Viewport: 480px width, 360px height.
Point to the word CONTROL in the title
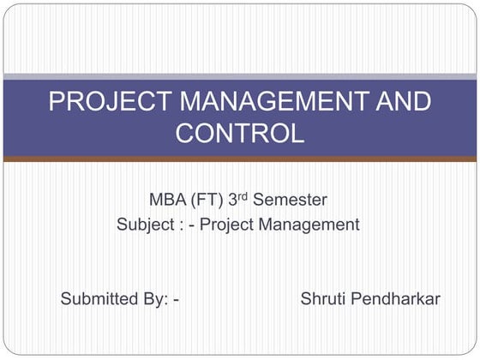click(240, 133)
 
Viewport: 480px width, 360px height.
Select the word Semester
click(291, 201)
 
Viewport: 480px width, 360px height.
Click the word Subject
click(145, 225)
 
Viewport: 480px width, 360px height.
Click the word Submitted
click(98, 299)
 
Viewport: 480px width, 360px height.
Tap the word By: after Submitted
click(155, 299)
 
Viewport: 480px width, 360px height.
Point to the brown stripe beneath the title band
click(240, 159)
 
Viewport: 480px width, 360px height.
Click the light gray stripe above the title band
click(240, 77)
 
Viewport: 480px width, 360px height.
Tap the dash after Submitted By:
click(175, 300)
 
